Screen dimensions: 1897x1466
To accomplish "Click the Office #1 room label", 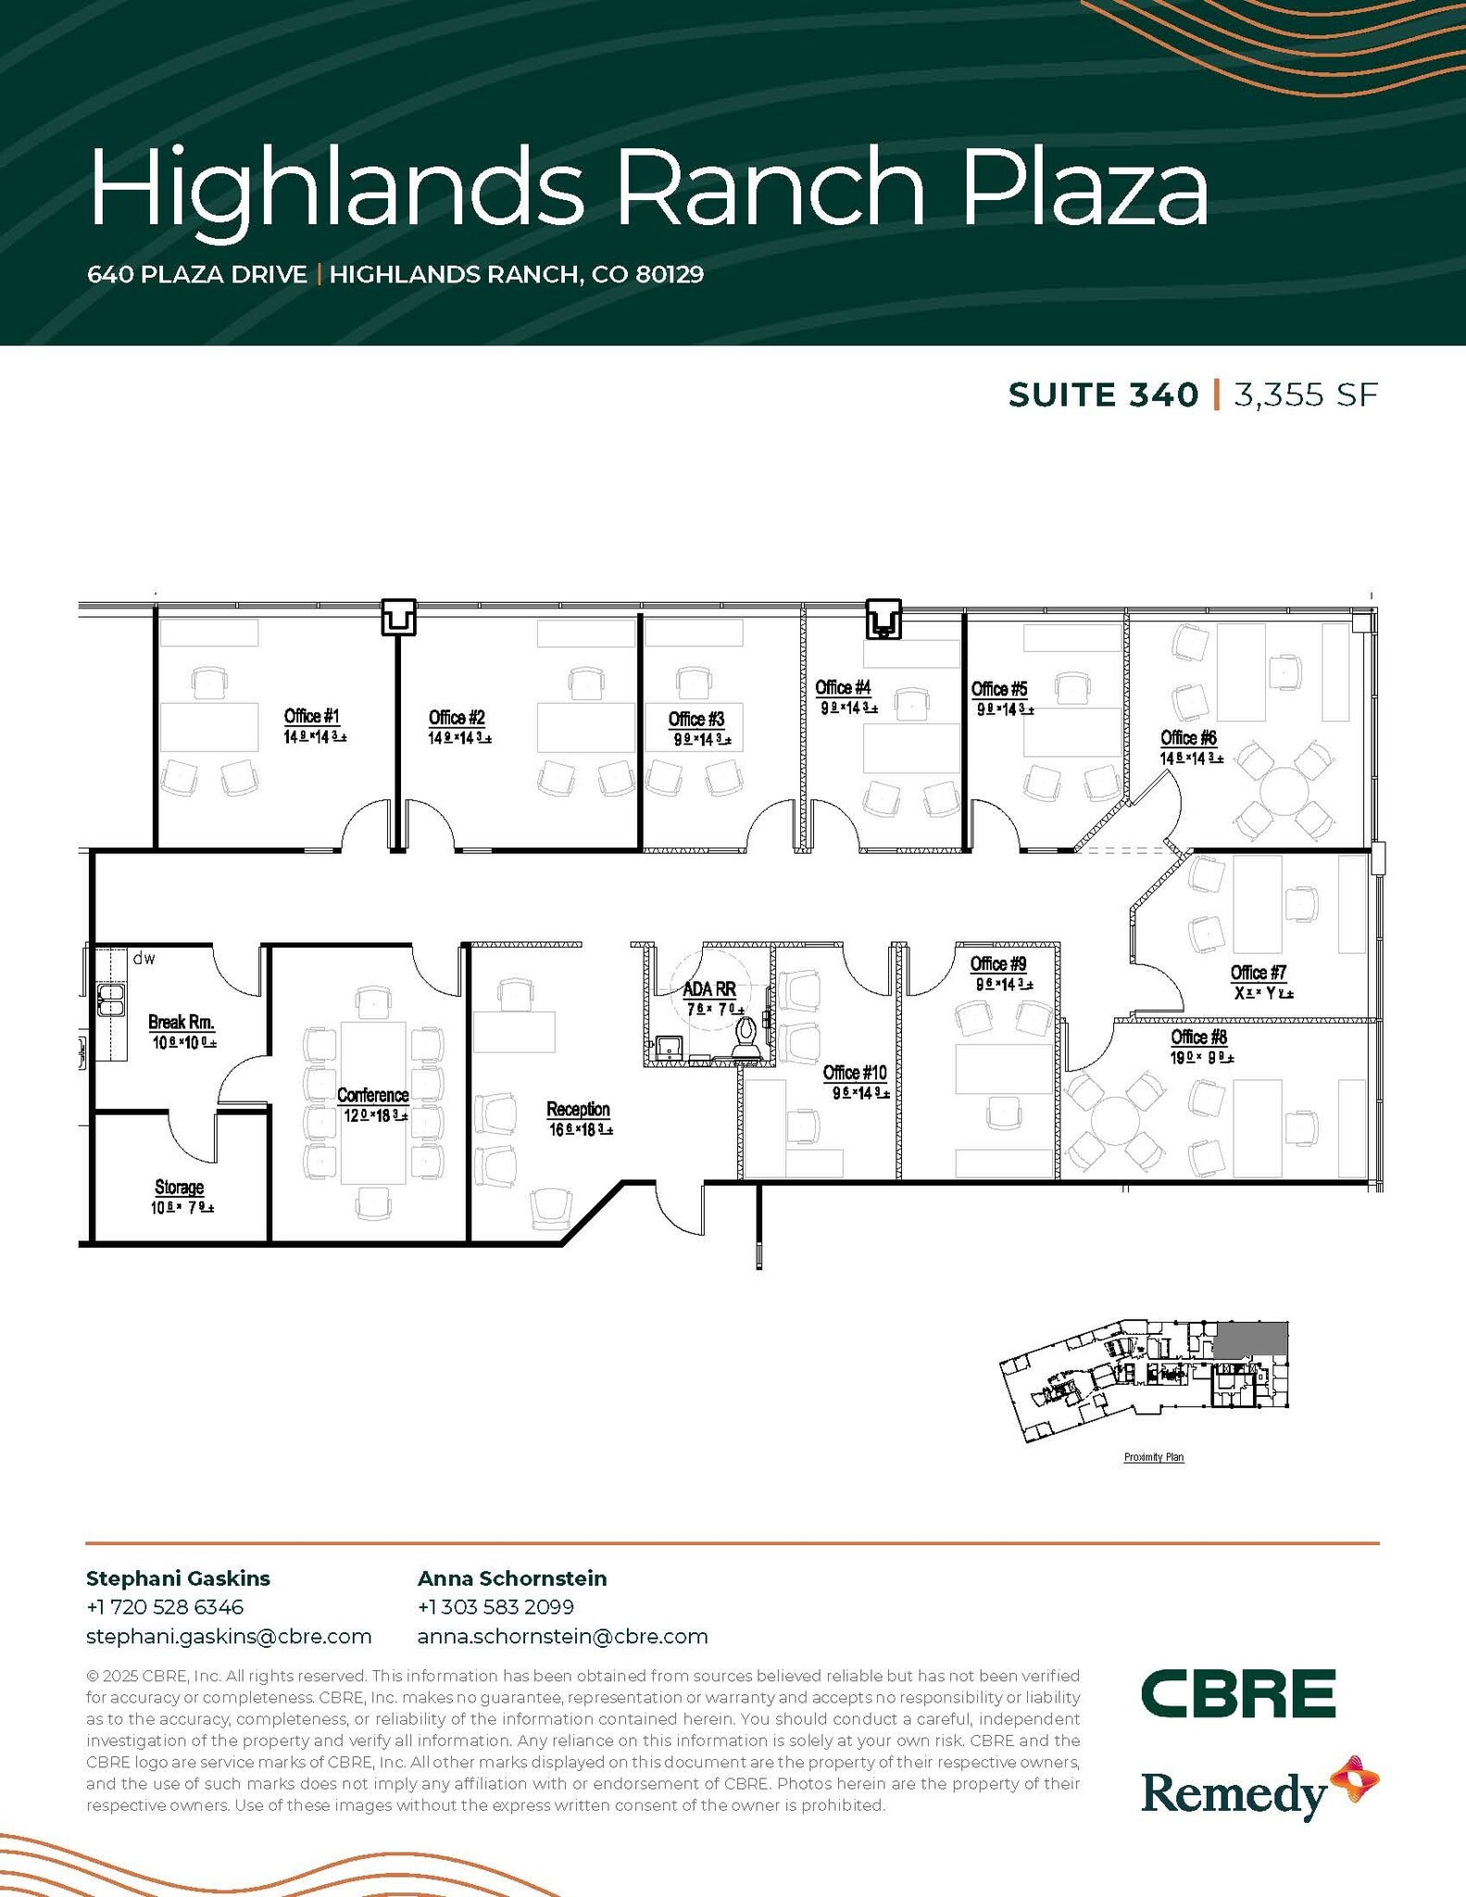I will point(312,716).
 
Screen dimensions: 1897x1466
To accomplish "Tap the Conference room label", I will point(372,1095).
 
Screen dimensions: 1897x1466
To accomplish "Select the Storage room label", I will point(179,1187).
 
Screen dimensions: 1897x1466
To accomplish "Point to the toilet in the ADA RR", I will point(746,1036).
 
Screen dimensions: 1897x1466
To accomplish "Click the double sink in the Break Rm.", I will point(112,1001).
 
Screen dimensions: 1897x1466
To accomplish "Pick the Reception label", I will point(578,1109).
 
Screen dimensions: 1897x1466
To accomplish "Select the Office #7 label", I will point(1259,973).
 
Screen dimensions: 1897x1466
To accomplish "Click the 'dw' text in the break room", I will point(144,959).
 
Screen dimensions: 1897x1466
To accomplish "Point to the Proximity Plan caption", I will point(1154,1457).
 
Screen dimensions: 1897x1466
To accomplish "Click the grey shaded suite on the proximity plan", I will point(1250,1340).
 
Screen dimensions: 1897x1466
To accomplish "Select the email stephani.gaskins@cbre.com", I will point(229,1637).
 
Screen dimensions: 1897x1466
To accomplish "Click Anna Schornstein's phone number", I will point(495,1606).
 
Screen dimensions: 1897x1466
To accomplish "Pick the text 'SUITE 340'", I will point(1103,396).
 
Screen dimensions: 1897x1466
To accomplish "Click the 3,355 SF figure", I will point(1306,396).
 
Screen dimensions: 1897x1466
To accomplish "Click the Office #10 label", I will point(855,1073).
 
